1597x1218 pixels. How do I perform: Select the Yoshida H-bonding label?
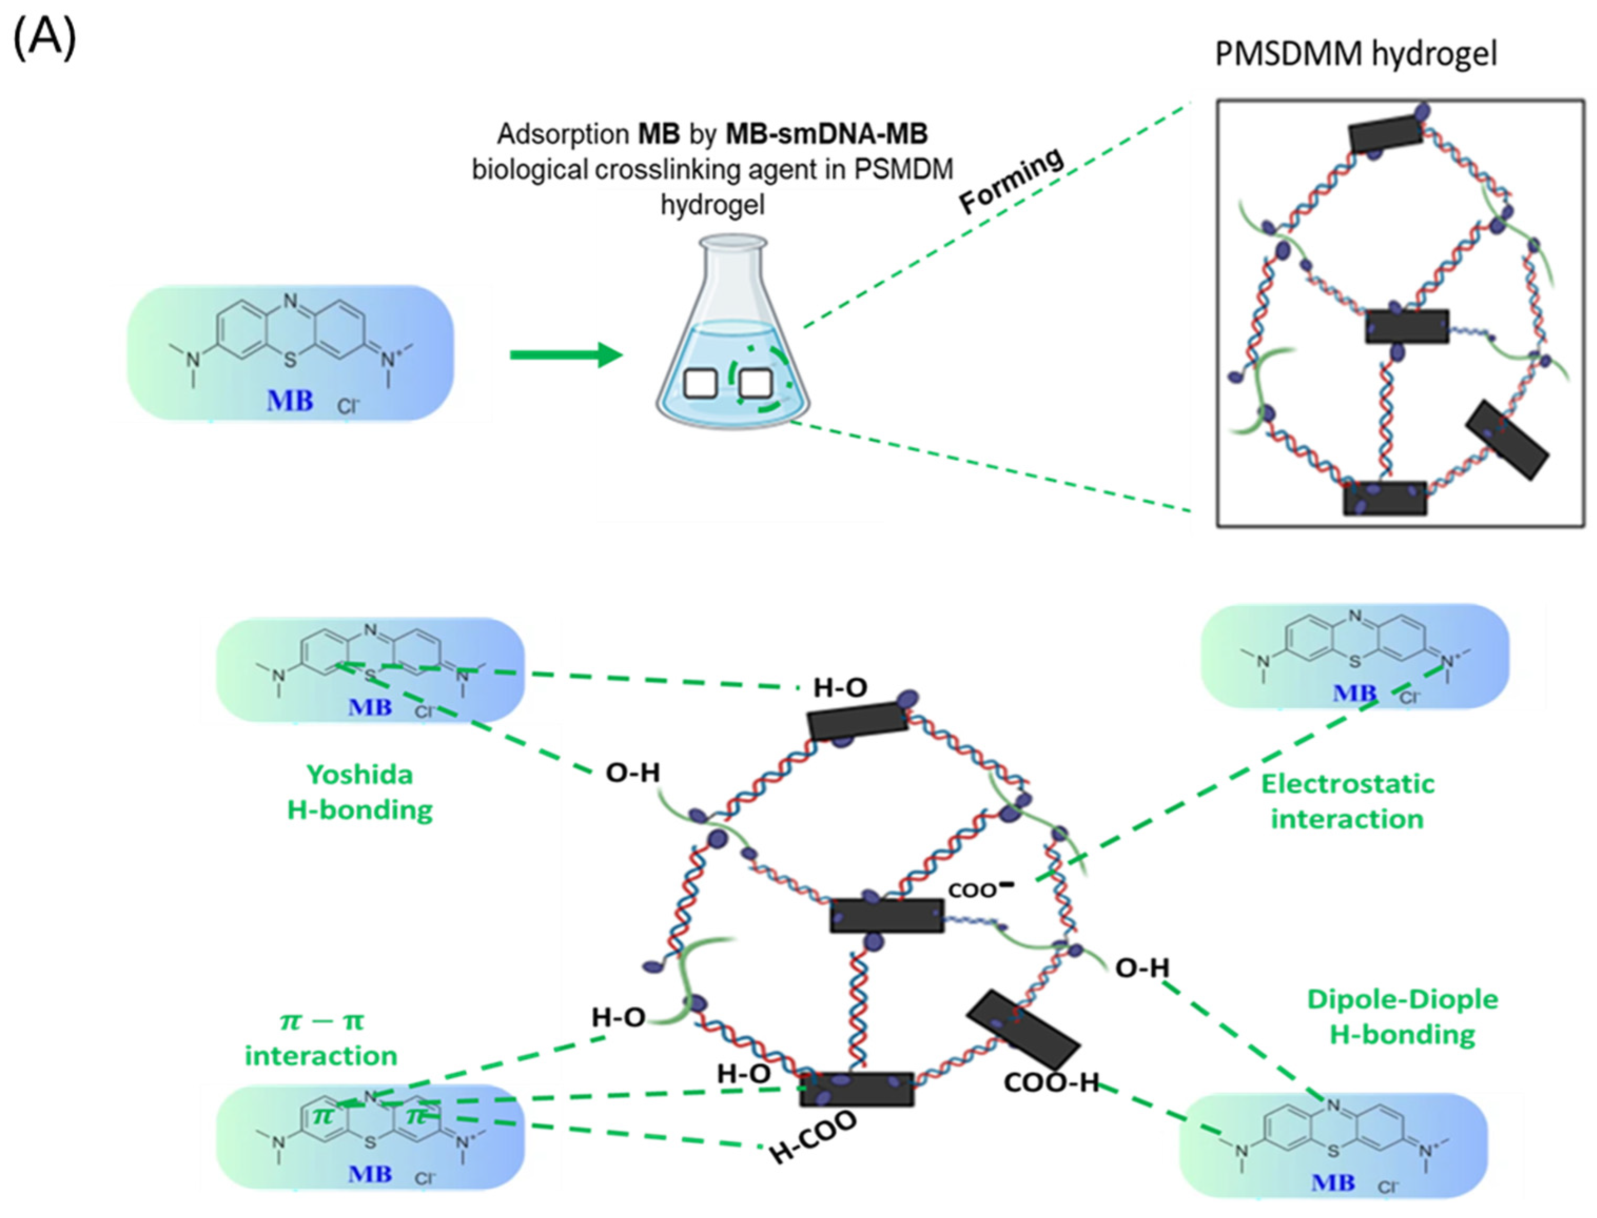(360, 791)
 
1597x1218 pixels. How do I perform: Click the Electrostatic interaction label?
(1347, 801)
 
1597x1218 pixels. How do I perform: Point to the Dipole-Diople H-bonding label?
(1402, 1016)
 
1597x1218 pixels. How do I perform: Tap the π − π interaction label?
(321, 1038)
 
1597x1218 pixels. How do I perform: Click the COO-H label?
(1052, 1083)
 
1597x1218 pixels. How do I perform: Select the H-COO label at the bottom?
(812, 1136)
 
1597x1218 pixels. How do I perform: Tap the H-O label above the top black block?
(840, 687)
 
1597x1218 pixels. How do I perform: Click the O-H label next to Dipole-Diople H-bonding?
(1142, 967)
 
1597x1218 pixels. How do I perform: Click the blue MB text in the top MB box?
(290, 400)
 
